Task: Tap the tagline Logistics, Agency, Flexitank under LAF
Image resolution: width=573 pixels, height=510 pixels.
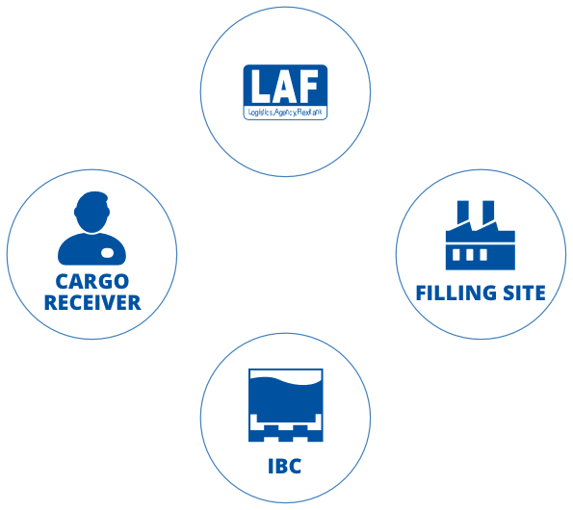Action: pyautogui.click(x=284, y=113)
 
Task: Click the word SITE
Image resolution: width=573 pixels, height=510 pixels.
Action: pyautogui.click(x=521, y=292)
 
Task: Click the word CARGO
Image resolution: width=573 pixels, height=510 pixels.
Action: pyautogui.click(x=92, y=282)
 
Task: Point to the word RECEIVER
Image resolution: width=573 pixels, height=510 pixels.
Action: pyautogui.click(x=92, y=302)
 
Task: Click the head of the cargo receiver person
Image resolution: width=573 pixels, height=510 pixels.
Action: pyautogui.click(x=92, y=209)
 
